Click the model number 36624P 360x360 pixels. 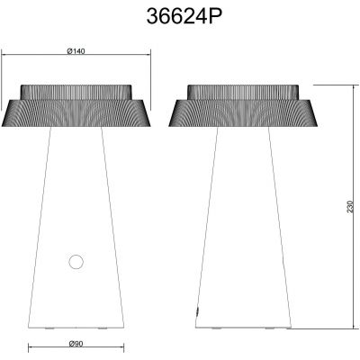(x=179, y=17)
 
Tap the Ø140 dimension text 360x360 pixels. (x=76, y=50)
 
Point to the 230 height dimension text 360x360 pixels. (x=349, y=206)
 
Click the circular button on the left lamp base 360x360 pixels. (x=76, y=262)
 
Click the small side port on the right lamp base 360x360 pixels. (x=199, y=309)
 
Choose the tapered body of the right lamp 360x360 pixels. (x=244, y=234)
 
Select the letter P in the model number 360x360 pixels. (x=206, y=17)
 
